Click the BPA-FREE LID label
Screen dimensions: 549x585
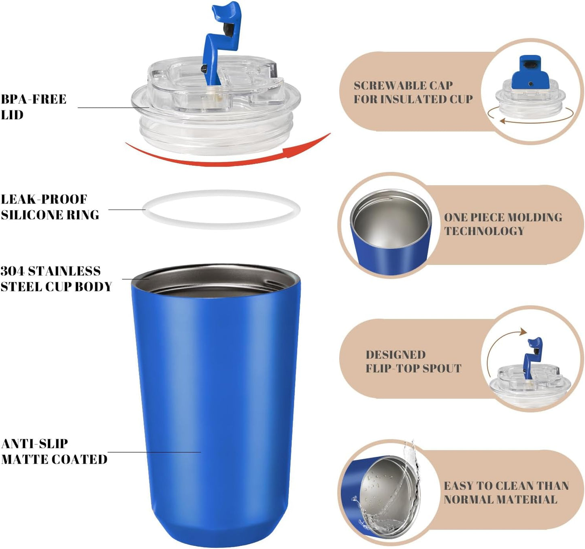point(33,107)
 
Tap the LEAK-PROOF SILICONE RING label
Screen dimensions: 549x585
point(49,207)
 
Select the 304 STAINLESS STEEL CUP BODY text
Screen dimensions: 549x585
point(56,279)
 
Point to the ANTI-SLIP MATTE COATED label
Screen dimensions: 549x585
point(54,451)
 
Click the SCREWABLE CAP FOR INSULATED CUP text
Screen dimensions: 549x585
point(413,92)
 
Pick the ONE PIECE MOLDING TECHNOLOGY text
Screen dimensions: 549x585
point(502,224)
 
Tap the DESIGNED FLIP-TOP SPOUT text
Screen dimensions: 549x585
point(413,361)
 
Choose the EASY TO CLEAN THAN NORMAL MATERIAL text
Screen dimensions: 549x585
point(506,492)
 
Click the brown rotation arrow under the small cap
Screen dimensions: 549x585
point(530,119)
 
